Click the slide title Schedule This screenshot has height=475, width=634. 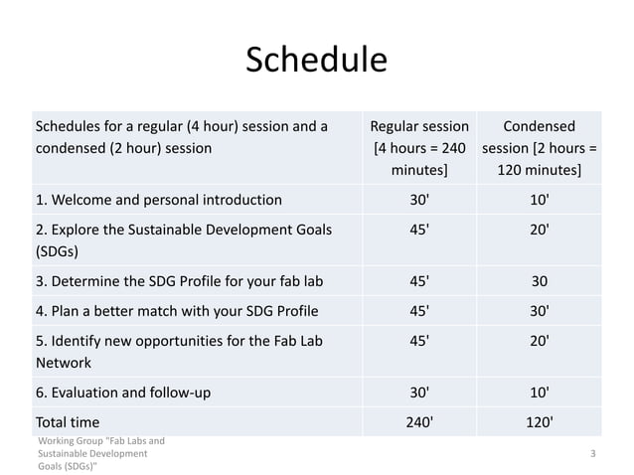click(x=317, y=61)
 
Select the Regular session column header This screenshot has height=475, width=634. click(x=418, y=148)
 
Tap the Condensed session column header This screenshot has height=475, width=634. click(x=538, y=148)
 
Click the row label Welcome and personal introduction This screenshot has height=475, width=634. click(x=158, y=199)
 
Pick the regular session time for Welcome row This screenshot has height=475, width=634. click(x=418, y=199)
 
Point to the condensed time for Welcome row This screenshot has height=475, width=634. click(x=538, y=199)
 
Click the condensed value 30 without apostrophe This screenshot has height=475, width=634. click(x=538, y=280)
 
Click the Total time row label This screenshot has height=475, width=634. click(x=68, y=422)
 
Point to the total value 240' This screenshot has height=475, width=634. click(x=418, y=422)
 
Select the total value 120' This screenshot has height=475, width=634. click(x=538, y=422)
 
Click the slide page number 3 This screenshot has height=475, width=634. click(x=592, y=453)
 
